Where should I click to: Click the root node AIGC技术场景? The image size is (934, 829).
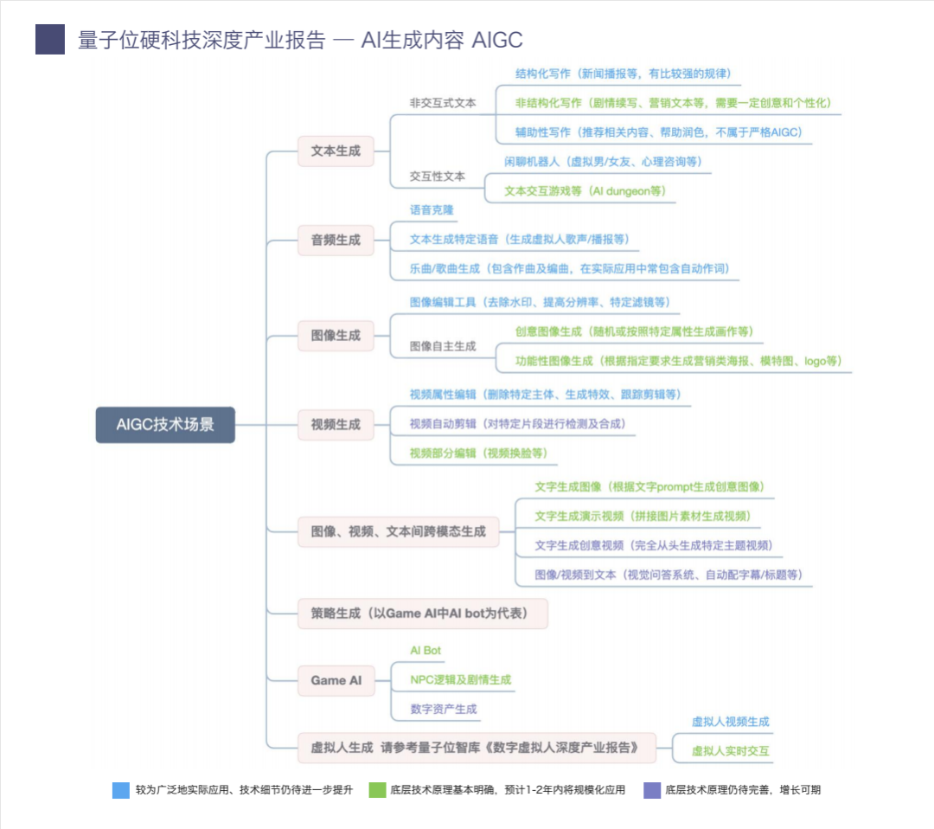[165, 425]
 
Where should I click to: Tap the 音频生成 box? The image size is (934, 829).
[336, 240]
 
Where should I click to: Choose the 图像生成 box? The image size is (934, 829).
[336, 335]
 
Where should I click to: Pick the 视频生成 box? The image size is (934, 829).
[336, 425]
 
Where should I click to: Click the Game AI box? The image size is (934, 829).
[336, 680]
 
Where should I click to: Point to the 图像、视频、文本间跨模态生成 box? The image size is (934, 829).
[398, 531]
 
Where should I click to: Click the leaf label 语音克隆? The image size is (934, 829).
[432, 210]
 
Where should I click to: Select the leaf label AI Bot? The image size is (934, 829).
[425, 651]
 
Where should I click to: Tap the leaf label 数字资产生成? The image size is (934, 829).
[444, 710]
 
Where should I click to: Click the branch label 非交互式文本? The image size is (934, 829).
[443, 102]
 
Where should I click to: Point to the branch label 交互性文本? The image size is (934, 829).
[438, 176]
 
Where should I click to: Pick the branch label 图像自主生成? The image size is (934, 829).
[443, 346]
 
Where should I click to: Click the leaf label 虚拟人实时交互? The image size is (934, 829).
[731, 751]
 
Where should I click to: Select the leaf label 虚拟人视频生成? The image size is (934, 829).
[731, 722]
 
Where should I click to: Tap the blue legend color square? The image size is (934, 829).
[121, 790]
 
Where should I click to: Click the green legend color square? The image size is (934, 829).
[377, 790]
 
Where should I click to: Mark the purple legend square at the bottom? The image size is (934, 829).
[652, 790]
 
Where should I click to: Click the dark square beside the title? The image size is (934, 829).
[50, 40]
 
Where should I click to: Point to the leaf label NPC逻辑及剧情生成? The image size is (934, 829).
[460, 680]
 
